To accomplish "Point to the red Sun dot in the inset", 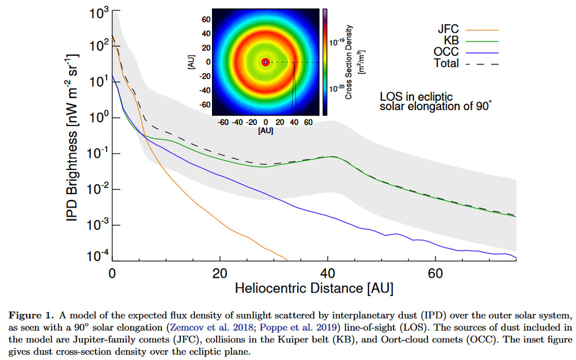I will coord(266,62).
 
